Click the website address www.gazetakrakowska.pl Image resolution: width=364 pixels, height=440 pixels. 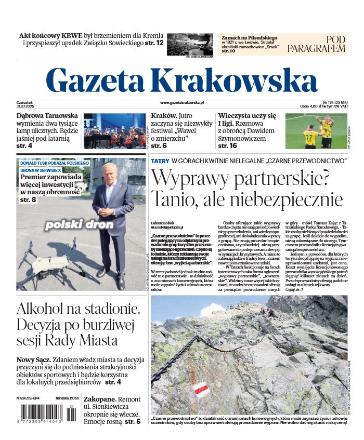(182, 103)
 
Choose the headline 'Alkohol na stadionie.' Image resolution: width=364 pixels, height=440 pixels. (78, 309)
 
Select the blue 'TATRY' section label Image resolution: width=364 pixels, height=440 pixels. (160, 161)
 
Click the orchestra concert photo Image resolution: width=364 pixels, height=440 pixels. (114, 131)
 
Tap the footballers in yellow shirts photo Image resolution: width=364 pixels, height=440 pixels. (316, 131)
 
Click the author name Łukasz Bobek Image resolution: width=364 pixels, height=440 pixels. (162, 222)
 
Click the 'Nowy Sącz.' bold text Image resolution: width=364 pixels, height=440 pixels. (33, 359)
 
